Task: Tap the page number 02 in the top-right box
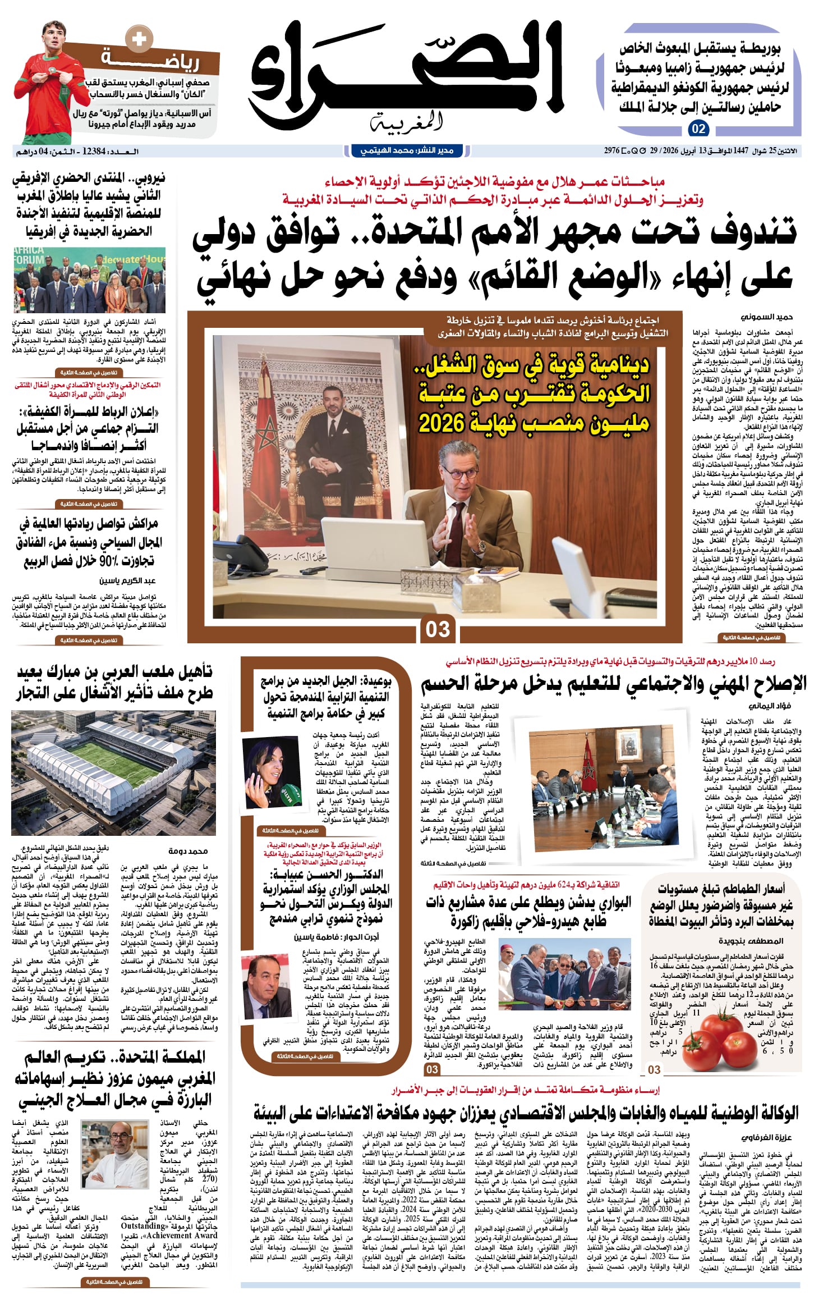(x=698, y=129)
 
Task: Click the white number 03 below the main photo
(x=438, y=629)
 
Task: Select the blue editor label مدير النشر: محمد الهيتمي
(x=406, y=150)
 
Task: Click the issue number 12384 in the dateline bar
(x=93, y=151)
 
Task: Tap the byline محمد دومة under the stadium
(x=188, y=851)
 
